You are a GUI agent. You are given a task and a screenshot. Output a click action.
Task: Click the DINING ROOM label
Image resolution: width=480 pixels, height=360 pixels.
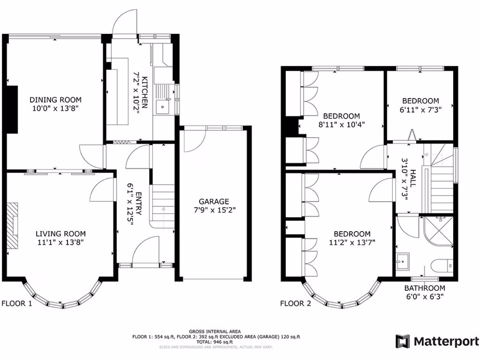coord(55,100)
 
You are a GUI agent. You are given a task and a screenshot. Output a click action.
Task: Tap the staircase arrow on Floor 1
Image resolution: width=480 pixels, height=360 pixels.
coord(163,209)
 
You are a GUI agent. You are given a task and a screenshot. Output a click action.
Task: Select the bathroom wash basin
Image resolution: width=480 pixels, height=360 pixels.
coord(402,260)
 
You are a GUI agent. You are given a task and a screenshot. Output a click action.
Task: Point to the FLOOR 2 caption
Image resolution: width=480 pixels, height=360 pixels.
coord(295,303)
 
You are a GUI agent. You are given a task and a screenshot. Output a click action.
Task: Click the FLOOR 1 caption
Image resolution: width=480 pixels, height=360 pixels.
coord(17,303)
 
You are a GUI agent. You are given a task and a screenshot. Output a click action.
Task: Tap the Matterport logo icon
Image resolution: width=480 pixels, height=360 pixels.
coord(403,341)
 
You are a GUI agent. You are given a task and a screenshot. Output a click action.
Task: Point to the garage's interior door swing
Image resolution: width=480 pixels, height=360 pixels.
coord(193,140)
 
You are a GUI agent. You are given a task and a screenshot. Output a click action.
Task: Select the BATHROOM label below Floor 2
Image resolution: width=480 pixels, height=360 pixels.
coord(425,288)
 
